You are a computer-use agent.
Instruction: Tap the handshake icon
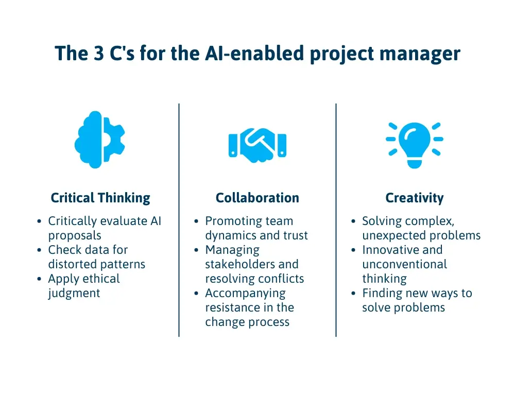(257, 145)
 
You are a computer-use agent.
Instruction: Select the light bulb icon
(414, 144)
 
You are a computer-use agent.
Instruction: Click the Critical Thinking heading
(100, 198)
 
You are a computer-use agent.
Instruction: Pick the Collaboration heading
(257, 198)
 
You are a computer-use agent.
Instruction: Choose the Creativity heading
(414, 198)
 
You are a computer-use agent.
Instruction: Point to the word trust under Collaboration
(296, 236)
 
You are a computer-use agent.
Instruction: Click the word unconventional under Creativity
(404, 265)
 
